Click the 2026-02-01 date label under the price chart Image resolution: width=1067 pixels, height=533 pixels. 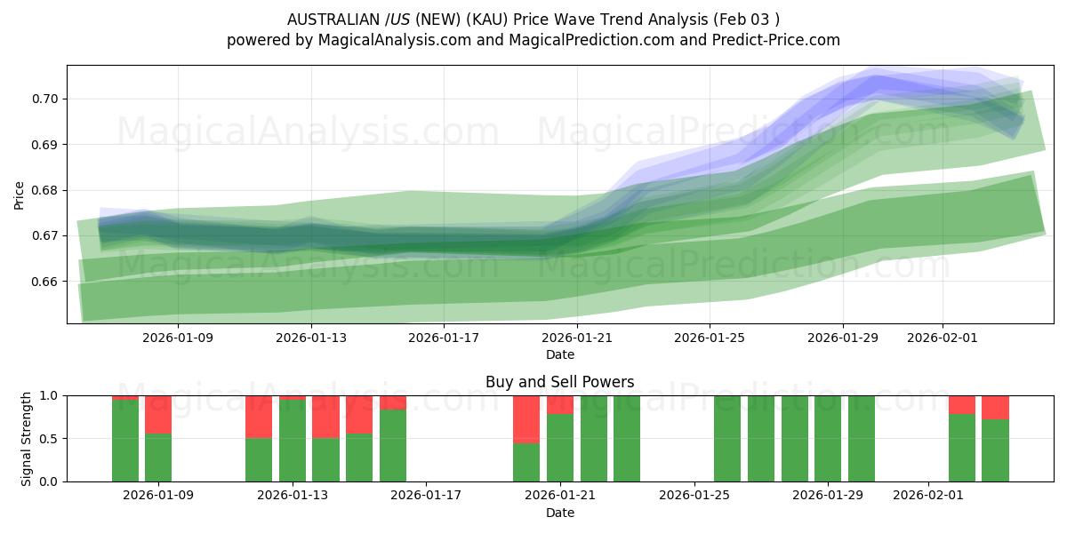click(x=943, y=338)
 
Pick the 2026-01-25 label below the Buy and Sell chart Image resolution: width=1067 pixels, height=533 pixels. click(x=694, y=496)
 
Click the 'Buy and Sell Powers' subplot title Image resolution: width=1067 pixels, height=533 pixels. click(x=559, y=382)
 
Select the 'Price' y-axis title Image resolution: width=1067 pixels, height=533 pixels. click(x=20, y=195)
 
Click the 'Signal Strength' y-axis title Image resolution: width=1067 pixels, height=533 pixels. click(x=27, y=438)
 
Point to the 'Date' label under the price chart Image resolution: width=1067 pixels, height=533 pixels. click(x=559, y=354)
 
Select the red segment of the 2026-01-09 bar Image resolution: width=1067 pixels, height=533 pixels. click(x=158, y=414)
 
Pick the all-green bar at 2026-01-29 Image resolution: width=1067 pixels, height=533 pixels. click(x=828, y=438)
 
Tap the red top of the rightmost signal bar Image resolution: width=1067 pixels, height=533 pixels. click(x=995, y=407)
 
